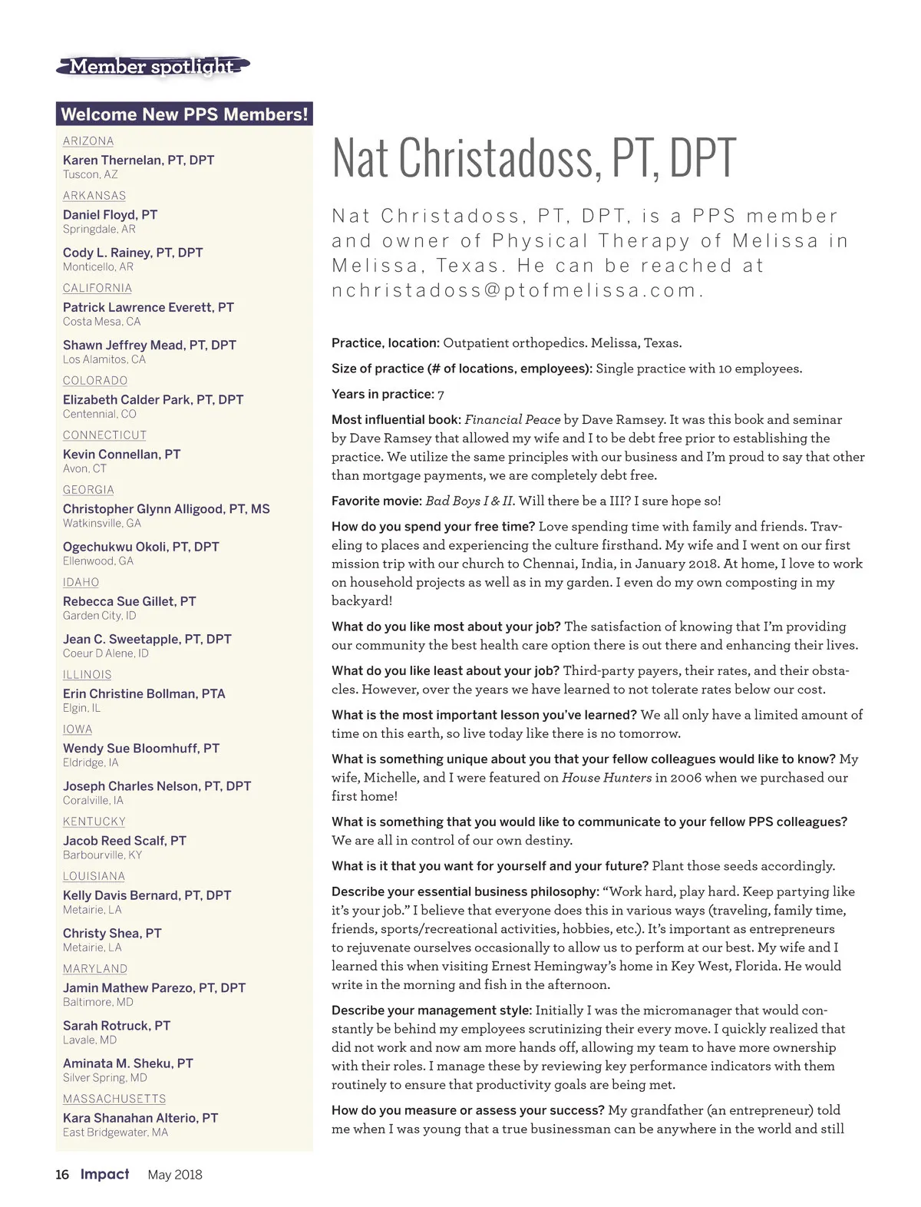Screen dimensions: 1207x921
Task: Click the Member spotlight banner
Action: click(x=153, y=67)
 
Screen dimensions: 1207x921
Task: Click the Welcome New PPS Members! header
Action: click(x=184, y=114)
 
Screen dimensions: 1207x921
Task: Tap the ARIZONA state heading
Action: click(x=88, y=141)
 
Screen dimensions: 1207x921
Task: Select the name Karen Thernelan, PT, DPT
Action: click(x=138, y=160)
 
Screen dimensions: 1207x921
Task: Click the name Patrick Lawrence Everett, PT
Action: click(x=148, y=307)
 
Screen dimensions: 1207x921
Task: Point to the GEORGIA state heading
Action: click(x=88, y=490)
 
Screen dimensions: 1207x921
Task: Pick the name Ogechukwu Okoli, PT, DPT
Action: click(x=140, y=547)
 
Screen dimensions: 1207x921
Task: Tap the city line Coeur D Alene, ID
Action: click(x=106, y=653)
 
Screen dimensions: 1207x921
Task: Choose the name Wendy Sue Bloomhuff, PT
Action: click(x=141, y=748)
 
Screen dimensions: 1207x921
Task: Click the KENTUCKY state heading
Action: click(x=94, y=822)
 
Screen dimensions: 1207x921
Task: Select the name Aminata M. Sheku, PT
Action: click(x=127, y=1063)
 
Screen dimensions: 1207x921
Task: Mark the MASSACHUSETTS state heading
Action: click(x=114, y=1099)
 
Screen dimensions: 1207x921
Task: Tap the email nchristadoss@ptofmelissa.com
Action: click(x=517, y=290)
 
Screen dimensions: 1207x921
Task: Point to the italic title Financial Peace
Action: click(x=512, y=420)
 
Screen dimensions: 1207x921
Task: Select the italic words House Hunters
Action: click(x=606, y=778)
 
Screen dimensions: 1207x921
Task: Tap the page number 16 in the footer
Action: click(x=62, y=1175)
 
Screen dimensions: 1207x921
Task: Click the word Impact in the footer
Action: click(x=105, y=1174)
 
